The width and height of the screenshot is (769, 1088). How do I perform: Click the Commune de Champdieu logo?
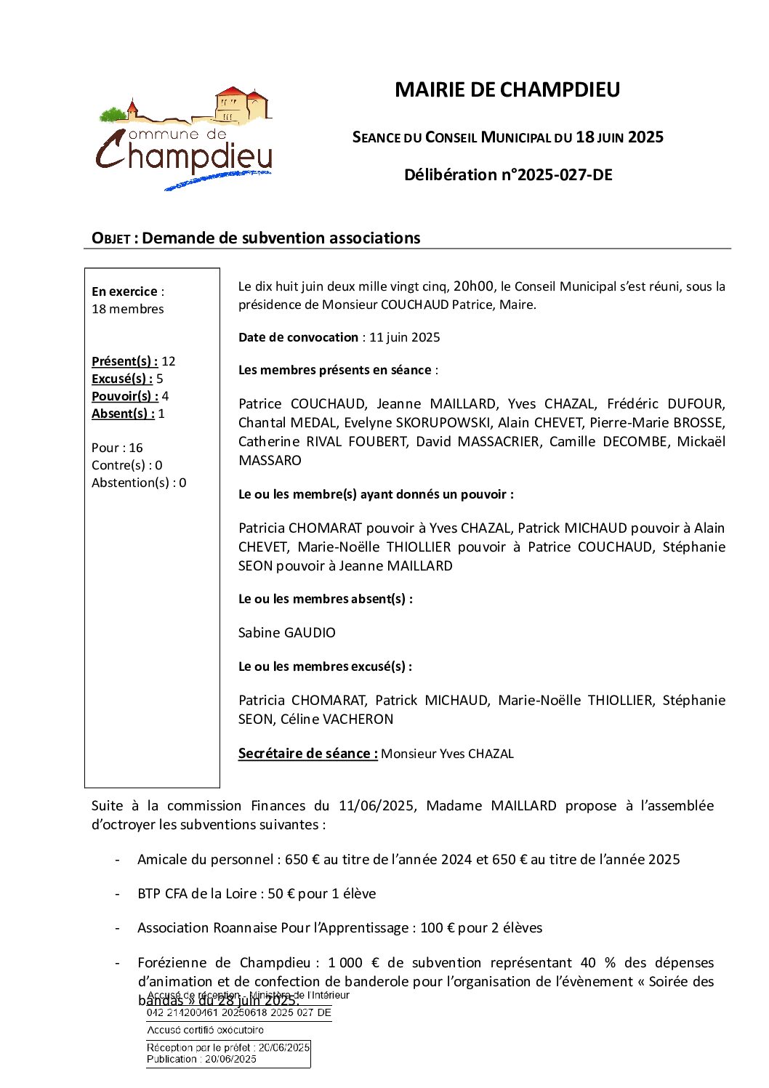185,139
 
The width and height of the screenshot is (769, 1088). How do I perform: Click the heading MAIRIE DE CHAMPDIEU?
507,89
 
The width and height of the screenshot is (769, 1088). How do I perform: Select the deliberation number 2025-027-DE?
564,174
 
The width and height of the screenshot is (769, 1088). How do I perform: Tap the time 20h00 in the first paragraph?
473,286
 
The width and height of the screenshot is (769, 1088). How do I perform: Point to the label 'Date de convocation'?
298,337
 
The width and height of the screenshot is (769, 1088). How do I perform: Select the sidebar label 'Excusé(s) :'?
122,379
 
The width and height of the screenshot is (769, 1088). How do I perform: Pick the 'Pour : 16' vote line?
117,448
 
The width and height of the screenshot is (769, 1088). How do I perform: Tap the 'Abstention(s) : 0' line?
139,483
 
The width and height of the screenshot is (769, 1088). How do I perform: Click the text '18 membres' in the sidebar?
128,309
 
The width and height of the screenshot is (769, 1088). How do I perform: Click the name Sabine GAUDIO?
287,633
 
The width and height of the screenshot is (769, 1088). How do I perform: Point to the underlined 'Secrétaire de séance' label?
307,754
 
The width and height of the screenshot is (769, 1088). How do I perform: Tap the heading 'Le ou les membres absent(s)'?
325,599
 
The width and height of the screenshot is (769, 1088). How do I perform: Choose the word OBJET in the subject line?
110,238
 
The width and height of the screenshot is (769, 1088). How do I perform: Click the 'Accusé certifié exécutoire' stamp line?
205,1030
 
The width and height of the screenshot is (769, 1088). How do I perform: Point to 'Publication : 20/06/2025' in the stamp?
201,1059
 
